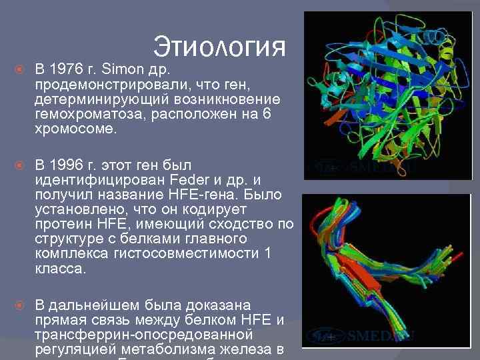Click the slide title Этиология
(219, 47)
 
